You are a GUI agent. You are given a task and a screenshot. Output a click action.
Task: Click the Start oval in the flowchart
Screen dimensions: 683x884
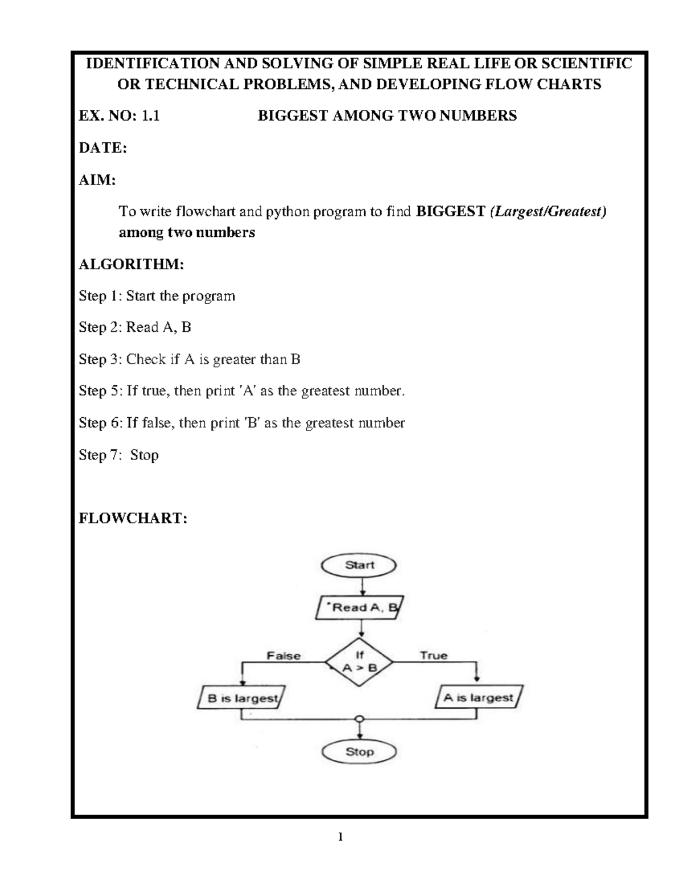359,565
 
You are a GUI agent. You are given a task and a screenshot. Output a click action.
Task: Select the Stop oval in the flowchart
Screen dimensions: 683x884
359,752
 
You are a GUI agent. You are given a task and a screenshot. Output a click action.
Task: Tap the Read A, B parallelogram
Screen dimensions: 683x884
360,608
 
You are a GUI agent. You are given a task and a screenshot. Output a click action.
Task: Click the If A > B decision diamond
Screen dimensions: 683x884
359,662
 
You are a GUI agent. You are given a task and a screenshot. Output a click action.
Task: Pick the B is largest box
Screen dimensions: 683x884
241,698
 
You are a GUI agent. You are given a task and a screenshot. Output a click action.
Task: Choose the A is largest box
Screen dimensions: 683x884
479,697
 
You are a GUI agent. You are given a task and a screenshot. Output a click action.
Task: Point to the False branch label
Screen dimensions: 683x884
283,656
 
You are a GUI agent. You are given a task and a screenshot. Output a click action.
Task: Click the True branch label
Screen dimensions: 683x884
434,655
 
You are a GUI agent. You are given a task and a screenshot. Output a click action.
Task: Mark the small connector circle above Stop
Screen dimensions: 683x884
359,719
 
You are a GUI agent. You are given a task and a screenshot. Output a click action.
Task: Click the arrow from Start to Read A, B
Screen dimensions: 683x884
362,587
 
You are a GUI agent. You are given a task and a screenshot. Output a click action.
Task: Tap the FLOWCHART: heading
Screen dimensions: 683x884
133,519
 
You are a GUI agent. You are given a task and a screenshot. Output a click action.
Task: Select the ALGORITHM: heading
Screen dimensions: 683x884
131,265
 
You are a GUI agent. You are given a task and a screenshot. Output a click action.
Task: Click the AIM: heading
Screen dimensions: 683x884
97,180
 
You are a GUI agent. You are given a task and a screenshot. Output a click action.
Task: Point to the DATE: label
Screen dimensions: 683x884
103,147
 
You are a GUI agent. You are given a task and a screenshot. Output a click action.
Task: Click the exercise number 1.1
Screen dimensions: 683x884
150,116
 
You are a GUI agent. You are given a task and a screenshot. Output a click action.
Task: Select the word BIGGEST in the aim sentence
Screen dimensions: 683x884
451,212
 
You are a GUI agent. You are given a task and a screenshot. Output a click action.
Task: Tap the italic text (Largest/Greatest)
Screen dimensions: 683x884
548,212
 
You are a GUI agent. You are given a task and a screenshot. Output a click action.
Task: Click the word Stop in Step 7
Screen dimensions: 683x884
144,455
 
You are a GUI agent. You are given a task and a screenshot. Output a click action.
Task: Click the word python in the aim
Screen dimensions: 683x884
287,212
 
